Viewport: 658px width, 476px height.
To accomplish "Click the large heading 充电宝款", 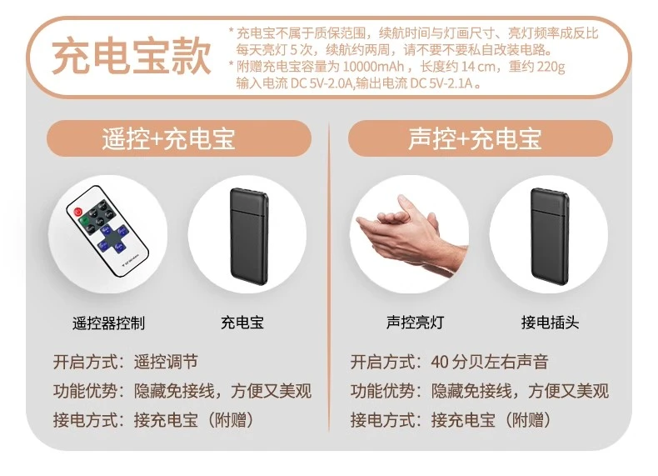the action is tap(131, 56).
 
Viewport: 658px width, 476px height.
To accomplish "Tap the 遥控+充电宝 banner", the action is tap(179, 138).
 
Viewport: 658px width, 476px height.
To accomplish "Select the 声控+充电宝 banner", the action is tap(481, 138).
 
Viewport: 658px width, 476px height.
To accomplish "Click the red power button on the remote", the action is tap(78, 212).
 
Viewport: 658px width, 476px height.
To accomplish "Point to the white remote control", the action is tap(107, 231).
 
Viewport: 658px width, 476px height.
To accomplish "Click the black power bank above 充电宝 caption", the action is tap(249, 237).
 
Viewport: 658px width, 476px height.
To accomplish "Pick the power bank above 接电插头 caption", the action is tap(550, 237).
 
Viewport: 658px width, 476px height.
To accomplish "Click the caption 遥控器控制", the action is tap(108, 323).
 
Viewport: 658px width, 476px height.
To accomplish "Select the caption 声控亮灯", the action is tap(415, 323).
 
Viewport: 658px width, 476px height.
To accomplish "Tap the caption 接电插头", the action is tap(551, 323).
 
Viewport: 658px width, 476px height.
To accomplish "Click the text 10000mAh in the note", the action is tap(373, 67).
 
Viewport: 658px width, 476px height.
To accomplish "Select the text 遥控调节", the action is tap(166, 362).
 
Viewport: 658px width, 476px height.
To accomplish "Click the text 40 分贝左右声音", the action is tap(490, 362).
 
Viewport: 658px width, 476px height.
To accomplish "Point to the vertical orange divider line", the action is tap(329, 278).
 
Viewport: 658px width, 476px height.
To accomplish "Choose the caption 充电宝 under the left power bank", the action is tap(242, 323).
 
